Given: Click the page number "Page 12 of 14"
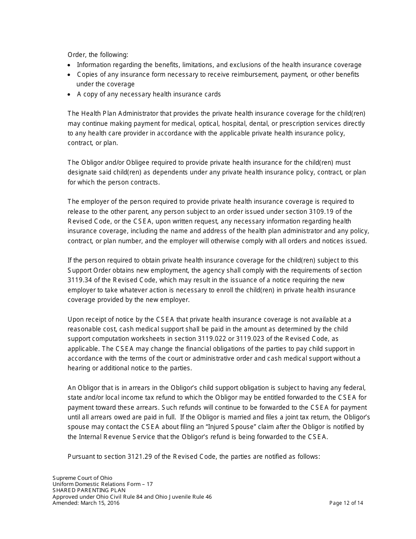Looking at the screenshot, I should tap(346, 503).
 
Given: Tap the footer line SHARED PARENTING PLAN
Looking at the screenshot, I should tap(89, 490).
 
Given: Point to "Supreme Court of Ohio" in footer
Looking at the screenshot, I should tap(82, 478).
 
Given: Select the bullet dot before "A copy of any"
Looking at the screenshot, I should tap(70, 95).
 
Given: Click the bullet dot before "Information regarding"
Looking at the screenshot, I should tap(70, 65).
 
